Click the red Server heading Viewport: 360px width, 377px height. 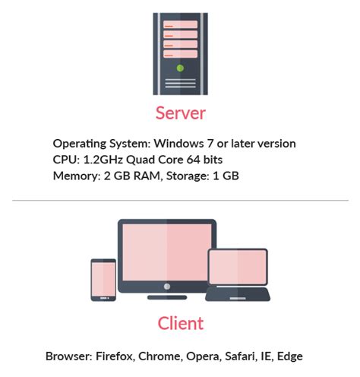[180, 114]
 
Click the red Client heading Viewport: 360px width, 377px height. [180, 323]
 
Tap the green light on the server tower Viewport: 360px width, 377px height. [179, 68]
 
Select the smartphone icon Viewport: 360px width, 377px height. [103, 280]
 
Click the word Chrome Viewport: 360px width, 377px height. [161, 356]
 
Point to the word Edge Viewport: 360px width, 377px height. [291, 356]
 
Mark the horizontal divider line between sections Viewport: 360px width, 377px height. [180, 201]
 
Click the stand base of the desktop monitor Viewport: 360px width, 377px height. [167, 296]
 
